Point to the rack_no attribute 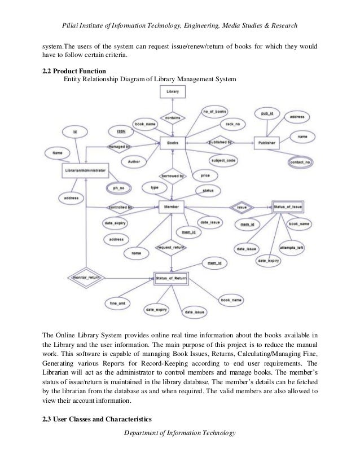pos(233,124)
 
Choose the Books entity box pos(173,143)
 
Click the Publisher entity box pos(267,143)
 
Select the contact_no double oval pos(301,162)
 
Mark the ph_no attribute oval pos(119,187)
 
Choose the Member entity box pos(171,207)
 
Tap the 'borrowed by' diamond pos(173,176)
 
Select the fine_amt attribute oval pos(117,304)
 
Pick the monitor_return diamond pos(86,278)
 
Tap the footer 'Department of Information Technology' pos(181,432)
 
